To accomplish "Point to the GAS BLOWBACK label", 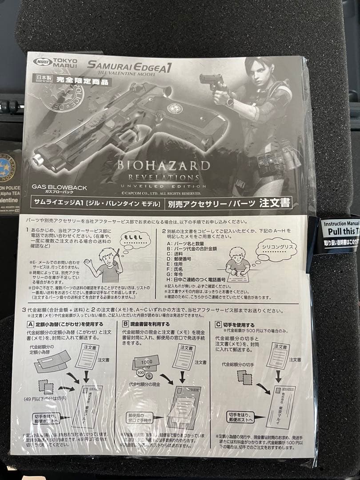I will coord(60,188).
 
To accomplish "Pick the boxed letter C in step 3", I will coord(218,325).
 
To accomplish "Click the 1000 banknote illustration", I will coord(146,362).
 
